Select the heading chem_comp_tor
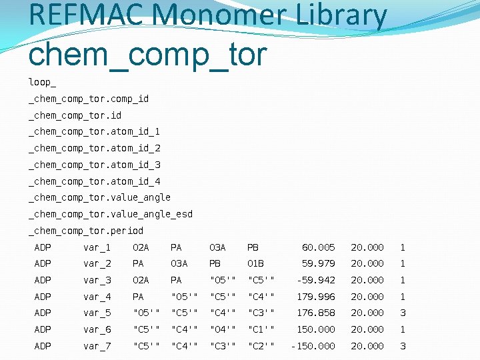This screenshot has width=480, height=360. [147, 53]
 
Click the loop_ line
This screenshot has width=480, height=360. [42, 82]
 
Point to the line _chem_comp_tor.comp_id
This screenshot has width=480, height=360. [88, 99]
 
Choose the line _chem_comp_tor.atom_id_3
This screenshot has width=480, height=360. [94, 165]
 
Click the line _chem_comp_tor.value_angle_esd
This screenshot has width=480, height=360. [110, 214]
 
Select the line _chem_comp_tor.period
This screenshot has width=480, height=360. [85, 231]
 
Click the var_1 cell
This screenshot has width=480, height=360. [97, 247]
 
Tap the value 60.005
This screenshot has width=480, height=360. [319, 247]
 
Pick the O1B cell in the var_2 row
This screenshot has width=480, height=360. [256, 263]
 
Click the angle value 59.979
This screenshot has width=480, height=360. [319, 263]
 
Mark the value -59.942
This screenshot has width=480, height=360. [316, 280]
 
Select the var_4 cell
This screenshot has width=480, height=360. [97, 297]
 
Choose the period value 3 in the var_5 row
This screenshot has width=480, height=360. [402, 313]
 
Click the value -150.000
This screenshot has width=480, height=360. [313, 346]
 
